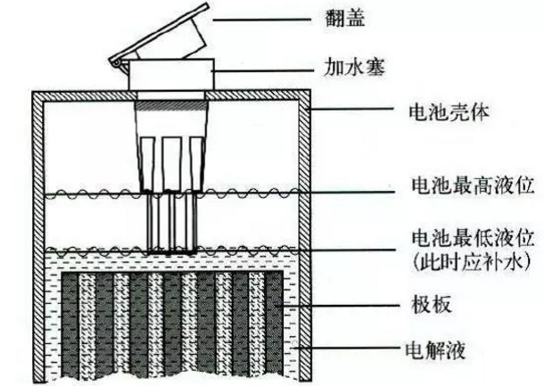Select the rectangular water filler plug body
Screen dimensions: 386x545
point(171,75)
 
